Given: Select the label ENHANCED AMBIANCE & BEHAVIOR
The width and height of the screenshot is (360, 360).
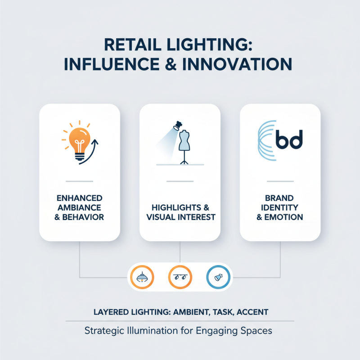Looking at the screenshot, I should pos(80,207).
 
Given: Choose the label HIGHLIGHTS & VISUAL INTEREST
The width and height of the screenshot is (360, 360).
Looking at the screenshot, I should pos(180,212).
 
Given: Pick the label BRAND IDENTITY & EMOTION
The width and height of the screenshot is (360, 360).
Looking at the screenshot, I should pos(279,207).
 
